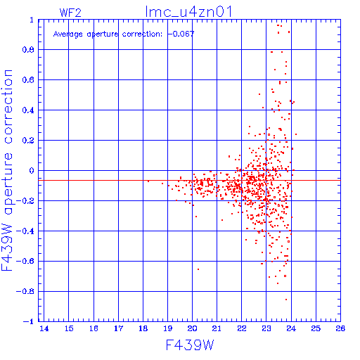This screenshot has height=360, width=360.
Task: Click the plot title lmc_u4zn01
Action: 188,12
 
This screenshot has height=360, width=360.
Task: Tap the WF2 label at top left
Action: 70,13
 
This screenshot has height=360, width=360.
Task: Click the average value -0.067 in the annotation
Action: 181,34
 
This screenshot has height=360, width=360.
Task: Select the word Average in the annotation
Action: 68,34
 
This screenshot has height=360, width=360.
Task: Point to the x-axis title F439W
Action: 190,345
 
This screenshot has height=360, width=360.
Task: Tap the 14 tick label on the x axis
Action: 44,328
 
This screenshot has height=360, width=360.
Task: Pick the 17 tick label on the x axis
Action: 118,328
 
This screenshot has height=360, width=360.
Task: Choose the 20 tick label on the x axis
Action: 192,328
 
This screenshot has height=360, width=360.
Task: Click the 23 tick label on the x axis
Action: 266,328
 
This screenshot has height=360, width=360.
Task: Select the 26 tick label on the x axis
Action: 340,328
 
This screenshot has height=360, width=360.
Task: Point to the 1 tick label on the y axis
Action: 32,20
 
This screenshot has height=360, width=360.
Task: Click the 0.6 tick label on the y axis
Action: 28,80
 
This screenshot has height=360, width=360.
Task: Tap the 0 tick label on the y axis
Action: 32,170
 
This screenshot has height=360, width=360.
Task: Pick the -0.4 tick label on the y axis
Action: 25,231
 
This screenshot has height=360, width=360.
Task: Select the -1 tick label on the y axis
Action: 29,321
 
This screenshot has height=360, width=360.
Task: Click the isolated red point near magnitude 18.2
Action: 148,181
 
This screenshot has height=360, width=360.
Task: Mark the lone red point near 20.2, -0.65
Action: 198,269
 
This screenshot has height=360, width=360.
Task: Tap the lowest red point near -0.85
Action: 286,300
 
